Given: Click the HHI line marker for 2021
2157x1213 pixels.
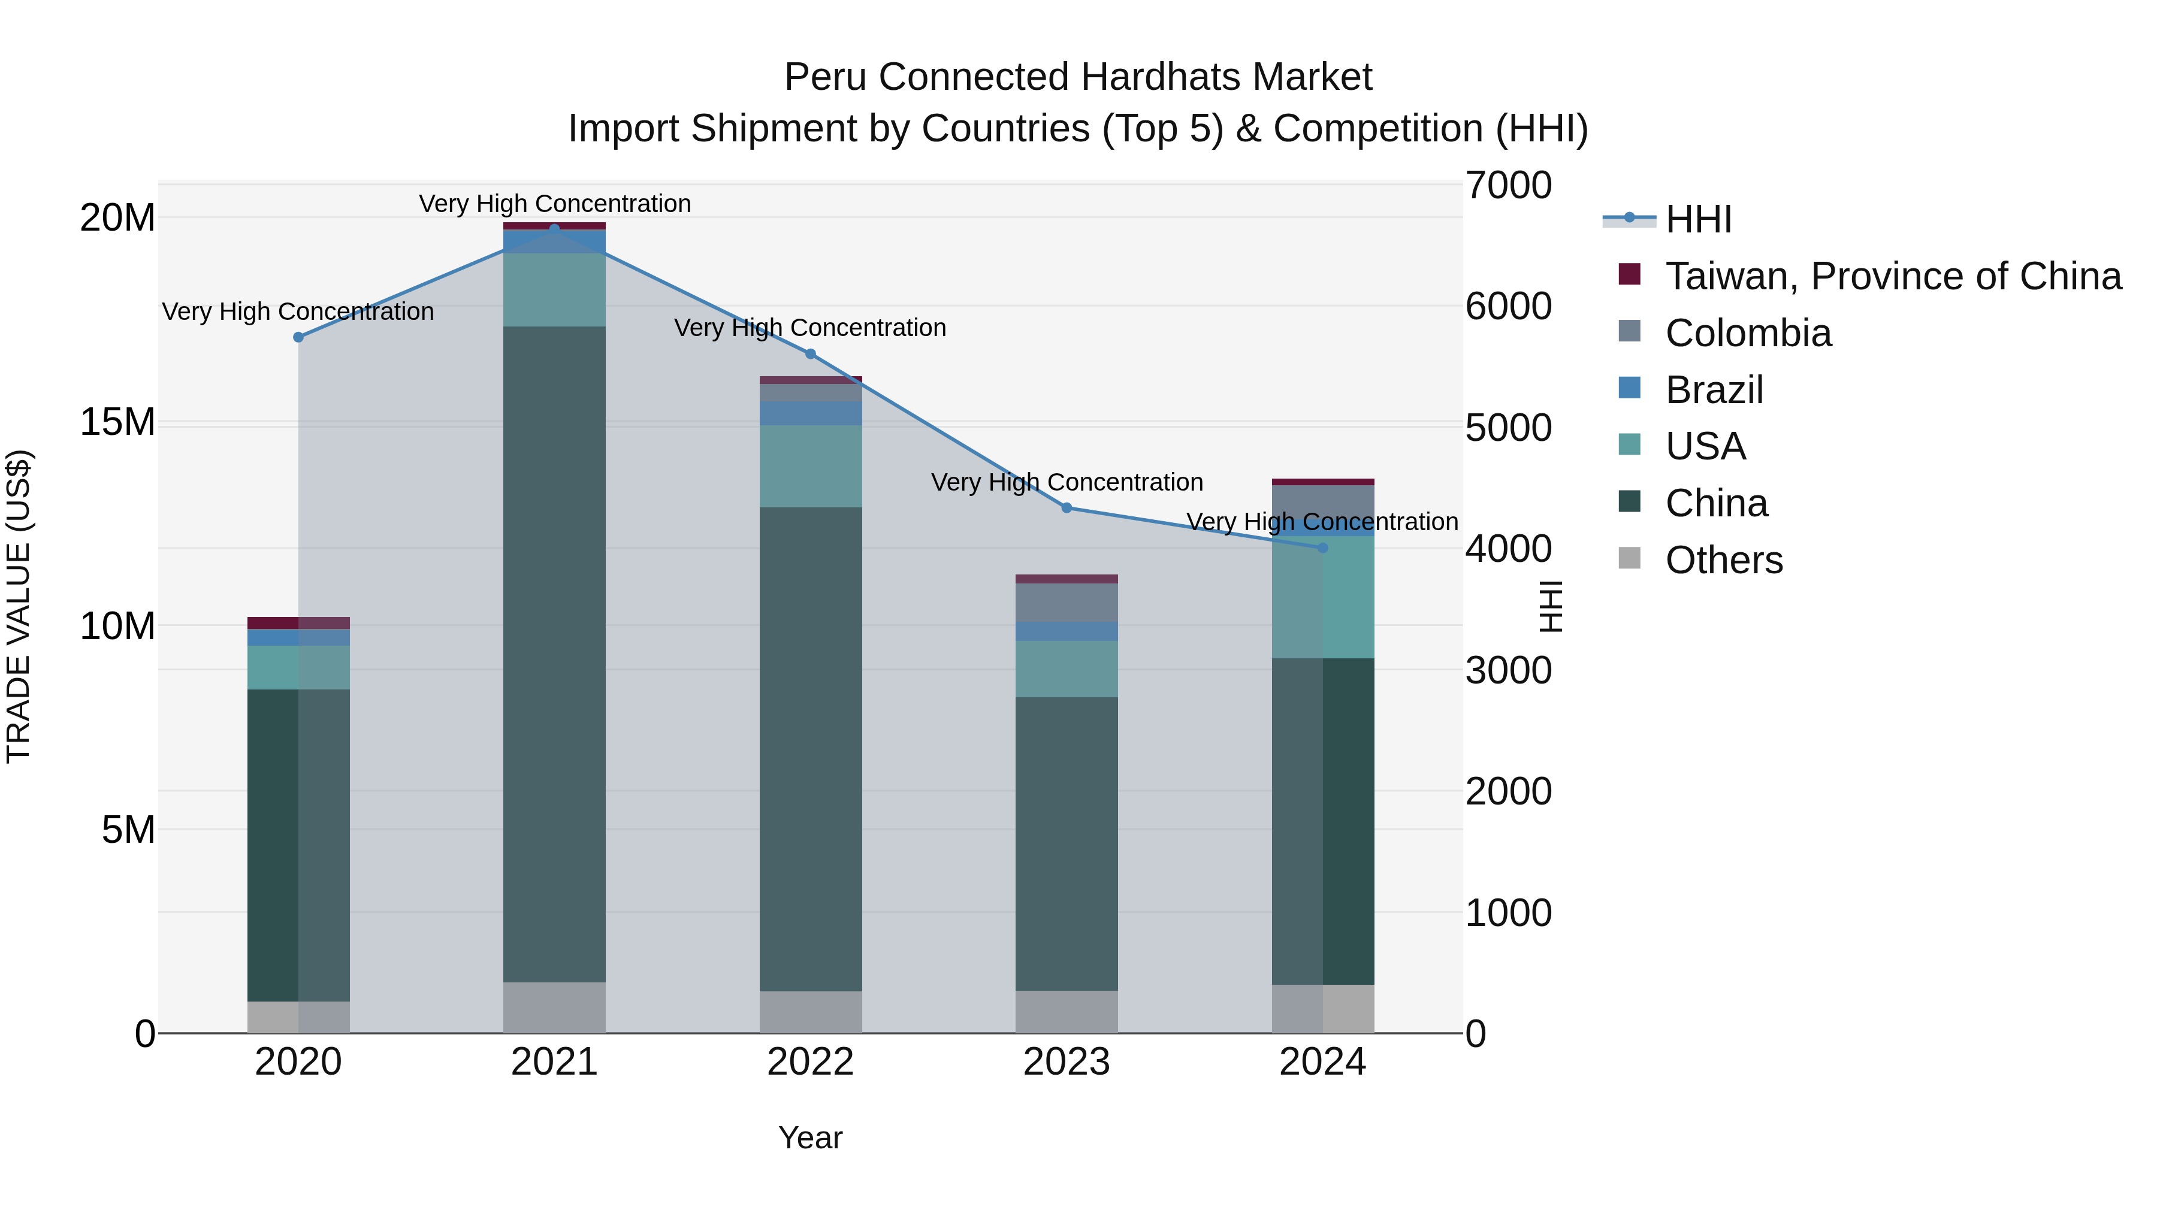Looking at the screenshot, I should pos(554,229).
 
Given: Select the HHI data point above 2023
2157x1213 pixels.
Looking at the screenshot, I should pos(1066,508).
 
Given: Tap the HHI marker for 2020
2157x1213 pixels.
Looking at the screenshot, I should pos(298,337).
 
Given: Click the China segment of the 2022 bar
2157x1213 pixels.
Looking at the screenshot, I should pos(811,749).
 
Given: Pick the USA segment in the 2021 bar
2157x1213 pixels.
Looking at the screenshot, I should pos(554,290).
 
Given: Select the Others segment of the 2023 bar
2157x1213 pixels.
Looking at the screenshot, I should pos(1066,1012).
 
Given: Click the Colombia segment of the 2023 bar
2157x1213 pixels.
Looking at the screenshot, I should pos(1066,603).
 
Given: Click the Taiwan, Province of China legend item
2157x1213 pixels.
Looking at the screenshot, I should pos(1892,276).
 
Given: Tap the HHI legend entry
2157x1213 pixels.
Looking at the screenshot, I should pos(1697,219).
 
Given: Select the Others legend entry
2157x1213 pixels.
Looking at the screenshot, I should pos(1723,560).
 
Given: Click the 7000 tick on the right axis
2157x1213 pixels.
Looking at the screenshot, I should pos(1508,186).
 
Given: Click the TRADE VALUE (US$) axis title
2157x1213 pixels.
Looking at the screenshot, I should pos(19,606).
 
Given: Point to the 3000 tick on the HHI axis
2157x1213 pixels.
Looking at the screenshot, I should pos(1508,670).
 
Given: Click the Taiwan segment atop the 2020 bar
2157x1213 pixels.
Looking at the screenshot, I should pos(298,623).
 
